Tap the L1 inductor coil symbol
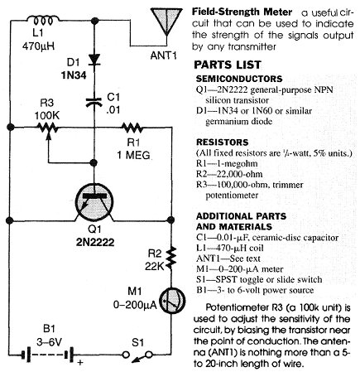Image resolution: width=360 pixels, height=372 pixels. pyautogui.click(x=42, y=21)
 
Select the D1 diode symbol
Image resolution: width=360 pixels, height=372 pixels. pyautogui.click(x=94, y=60)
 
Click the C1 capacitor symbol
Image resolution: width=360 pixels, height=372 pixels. pyautogui.click(x=94, y=102)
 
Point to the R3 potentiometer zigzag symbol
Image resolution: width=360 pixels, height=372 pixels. pyautogui.click(x=48, y=128)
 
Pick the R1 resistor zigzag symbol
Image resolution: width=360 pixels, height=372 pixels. pyautogui.click(x=132, y=128)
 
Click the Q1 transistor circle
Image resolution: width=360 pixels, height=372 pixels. pyautogui.click(x=94, y=203)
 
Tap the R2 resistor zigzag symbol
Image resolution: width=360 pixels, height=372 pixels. pyautogui.click(x=171, y=258)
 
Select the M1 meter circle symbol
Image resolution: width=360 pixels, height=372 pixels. pyautogui.click(x=172, y=301)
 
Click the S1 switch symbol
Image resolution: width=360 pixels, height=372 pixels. pyautogui.click(x=137, y=355)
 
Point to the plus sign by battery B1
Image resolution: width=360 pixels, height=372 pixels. pyautogui.click(x=80, y=362)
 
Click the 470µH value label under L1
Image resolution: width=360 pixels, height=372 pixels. pyautogui.click(x=38, y=46)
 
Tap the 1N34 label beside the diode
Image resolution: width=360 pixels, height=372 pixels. pyautogui.click(x=74, y=75)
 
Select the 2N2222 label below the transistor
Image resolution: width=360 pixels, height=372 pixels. pyautogui.click(x=95, y=242)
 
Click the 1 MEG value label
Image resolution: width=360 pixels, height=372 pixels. pyautogui.click(x=133, y=155)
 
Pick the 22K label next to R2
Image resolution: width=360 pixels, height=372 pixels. pyautogui.click(x=154, y=266)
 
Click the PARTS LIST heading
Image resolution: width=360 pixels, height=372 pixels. pyautogui.click(x=228, y=65)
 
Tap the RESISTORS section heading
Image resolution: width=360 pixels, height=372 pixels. pyautogui.click(x=223, y=143)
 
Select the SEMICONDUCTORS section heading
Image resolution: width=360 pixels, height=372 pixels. pyautogui.click(x=239, y=79)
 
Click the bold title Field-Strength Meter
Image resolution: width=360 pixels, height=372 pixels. pyautogui.click(x=242, y=12)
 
